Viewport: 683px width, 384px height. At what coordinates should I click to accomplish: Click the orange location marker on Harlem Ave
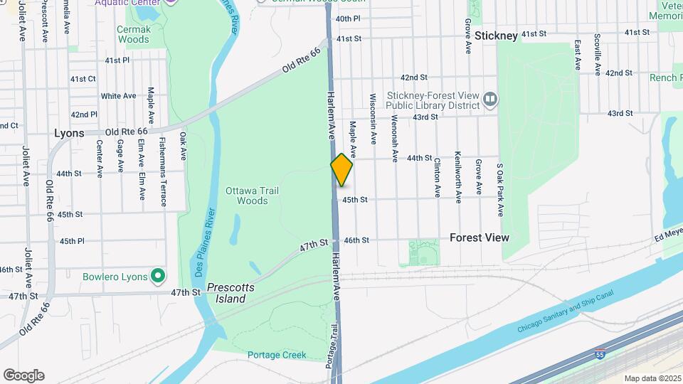(x=342, y=170)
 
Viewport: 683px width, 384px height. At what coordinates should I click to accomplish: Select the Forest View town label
(x=480, y=238)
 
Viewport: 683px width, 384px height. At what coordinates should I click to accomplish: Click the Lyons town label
(x=69, y=133)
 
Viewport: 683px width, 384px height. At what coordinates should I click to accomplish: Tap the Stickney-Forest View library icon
(x=489, y=99)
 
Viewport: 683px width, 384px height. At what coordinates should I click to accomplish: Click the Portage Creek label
(x=277, y=355)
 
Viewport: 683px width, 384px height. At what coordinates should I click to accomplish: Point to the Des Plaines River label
(x=206, y=242)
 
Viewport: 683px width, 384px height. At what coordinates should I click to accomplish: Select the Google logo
(x=23, y=375)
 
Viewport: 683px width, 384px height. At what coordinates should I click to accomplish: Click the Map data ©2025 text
(x=652, y=378)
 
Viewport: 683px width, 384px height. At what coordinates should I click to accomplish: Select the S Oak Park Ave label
(x=500, y=190)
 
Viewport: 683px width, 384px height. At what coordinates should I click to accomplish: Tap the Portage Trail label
(x=332, y=346)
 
